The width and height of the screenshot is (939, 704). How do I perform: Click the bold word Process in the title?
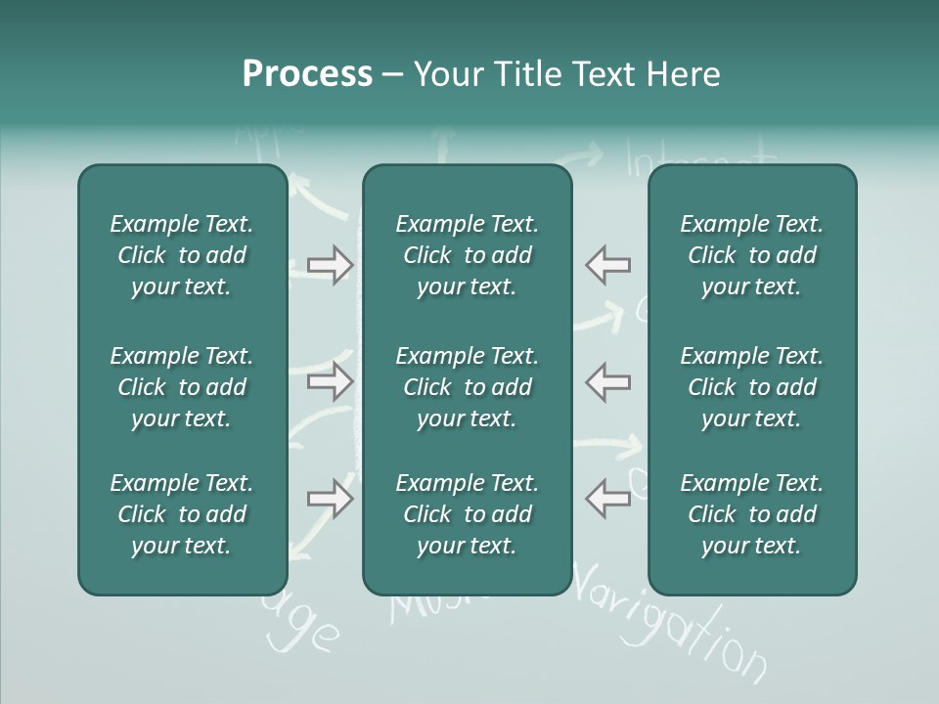click(307, 74)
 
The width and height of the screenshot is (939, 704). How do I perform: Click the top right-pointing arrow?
click(330, 265)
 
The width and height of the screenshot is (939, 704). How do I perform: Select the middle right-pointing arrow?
click(330, 382)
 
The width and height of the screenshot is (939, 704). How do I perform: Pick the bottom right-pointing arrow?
click(330, 499)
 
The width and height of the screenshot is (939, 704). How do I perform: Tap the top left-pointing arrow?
click(608, 265)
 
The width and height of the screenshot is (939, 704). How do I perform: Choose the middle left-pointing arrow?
click(608, 382)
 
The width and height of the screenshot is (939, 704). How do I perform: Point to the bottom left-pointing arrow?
click(608, 499)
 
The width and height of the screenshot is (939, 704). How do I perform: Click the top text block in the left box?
click(182, 255)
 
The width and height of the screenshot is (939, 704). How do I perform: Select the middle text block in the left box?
click(182, 387)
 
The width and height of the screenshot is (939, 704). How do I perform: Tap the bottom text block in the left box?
click(182, 514)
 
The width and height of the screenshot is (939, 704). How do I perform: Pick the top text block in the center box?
click(467, 255)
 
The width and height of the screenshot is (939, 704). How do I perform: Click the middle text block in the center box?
click(467, 387)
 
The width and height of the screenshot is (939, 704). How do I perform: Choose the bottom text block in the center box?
click(467, 514)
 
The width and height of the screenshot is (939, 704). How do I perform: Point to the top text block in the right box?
click(752, 255)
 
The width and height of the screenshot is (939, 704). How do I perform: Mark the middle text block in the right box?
click(752, 387)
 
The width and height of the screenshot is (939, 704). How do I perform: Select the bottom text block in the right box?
click(752, 514)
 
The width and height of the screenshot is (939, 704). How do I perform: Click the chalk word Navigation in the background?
click(675, 626)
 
